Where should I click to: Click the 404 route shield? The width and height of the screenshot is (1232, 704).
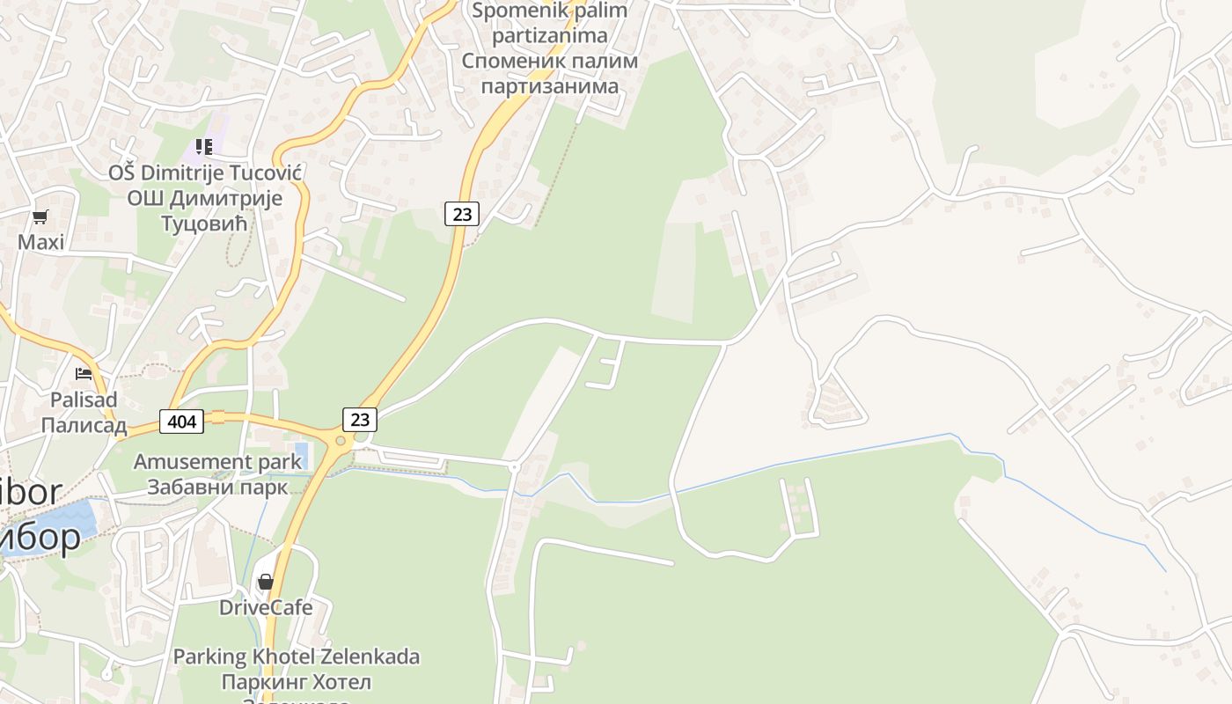click(182, 422)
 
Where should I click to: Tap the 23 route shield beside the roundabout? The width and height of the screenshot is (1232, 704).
click(359, 419)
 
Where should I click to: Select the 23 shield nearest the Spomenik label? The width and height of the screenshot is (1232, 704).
click(461, 213)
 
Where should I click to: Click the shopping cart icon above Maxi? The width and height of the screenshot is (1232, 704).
click(40, 216)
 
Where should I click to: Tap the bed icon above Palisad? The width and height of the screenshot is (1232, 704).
click(84, 374)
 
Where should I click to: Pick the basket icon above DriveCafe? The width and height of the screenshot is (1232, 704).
click(265, 582)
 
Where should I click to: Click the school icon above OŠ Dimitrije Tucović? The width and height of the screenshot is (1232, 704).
click(204, 147)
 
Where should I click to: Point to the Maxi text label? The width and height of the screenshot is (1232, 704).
click(41, 242)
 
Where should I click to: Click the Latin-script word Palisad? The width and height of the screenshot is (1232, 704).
click(84, 400)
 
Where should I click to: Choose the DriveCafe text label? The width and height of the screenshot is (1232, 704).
click(266, 607)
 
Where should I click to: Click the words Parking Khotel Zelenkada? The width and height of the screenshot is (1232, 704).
click(296, 656)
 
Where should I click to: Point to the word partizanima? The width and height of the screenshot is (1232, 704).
click(550, 36)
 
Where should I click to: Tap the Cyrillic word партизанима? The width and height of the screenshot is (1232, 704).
click(550, 86)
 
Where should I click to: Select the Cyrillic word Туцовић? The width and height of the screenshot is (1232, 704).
click(205, 223)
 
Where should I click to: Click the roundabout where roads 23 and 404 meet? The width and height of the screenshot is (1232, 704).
click(340, 440)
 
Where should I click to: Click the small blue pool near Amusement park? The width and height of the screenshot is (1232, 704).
click(301, 454)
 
